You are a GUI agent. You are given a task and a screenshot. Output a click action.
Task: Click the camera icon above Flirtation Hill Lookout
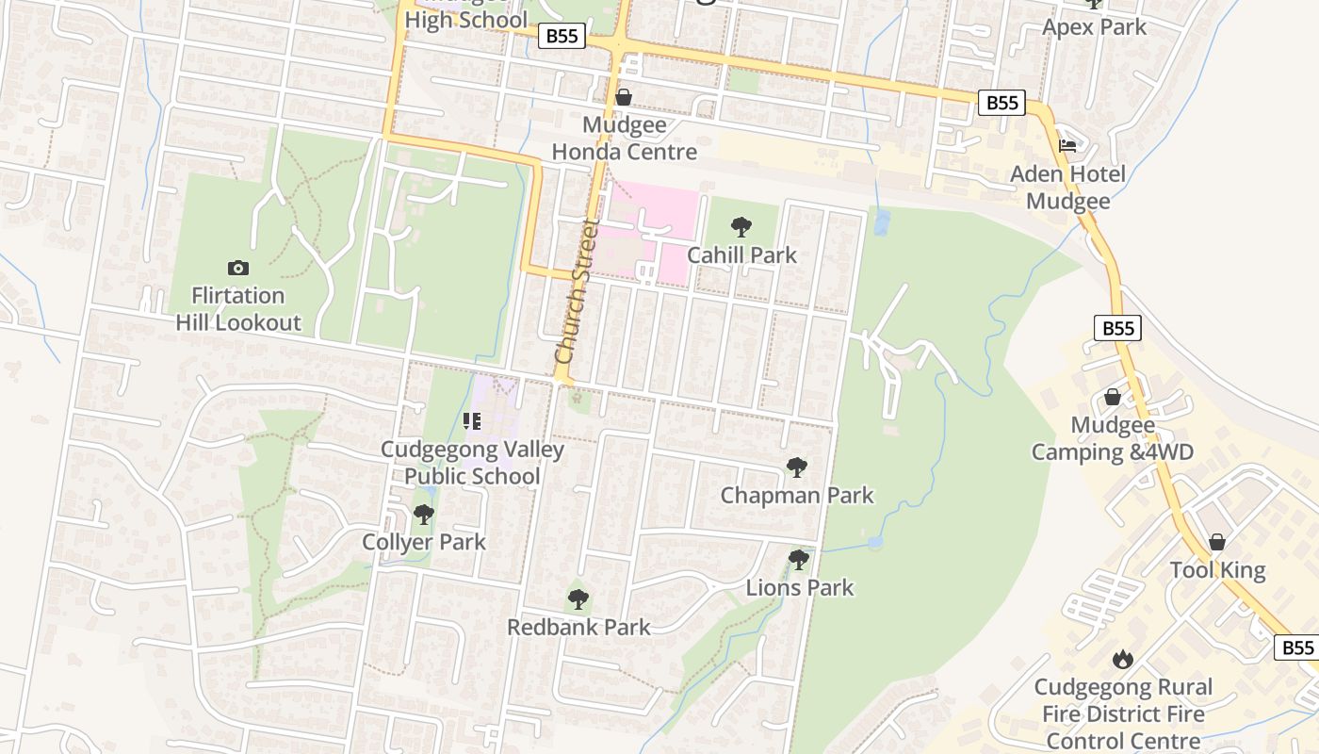click(x=237, y=269)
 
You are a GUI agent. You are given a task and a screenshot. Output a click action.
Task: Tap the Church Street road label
click(x=578, y=292)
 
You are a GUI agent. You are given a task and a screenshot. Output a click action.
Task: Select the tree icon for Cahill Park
click(x=741, y=226)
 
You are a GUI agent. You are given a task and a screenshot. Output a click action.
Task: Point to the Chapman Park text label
click(x=797, y=495)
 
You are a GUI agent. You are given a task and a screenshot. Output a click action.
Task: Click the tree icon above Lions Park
click(x=799, y=560)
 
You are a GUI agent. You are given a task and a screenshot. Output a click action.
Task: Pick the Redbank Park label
click(x=578, y=627)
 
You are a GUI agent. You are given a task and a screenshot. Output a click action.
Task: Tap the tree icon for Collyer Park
click(x=424, y=515)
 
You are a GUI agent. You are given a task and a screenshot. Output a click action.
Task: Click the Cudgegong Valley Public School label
click(x=472, y=462)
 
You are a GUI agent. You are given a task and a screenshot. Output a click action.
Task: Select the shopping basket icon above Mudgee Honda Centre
click(x=623, y=97)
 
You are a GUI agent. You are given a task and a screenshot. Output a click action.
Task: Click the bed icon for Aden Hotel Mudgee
click(x=1067, y=146)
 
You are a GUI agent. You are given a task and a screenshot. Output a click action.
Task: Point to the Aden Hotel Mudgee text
click(x=1067, y=188)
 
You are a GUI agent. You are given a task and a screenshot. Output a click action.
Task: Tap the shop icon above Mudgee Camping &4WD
click(x=1112, y=397)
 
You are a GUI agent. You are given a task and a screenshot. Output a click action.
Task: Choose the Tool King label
click(x=1217, y=570)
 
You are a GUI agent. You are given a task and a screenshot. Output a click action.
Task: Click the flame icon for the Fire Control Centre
click(x=1122, y=658)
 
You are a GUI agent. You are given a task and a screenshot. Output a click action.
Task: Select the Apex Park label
click(x=1094, y=26)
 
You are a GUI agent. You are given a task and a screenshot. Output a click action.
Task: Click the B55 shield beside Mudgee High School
click(x=562, y=37)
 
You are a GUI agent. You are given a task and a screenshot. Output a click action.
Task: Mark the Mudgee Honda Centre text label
click(x=624, y=139)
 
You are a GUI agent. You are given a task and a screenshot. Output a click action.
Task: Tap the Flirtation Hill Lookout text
click(x=237, y=308)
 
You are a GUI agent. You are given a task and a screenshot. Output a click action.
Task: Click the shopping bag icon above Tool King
click(x=1217, y=542)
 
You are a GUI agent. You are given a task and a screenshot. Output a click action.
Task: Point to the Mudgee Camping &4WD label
click(x=1112, y=438)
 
